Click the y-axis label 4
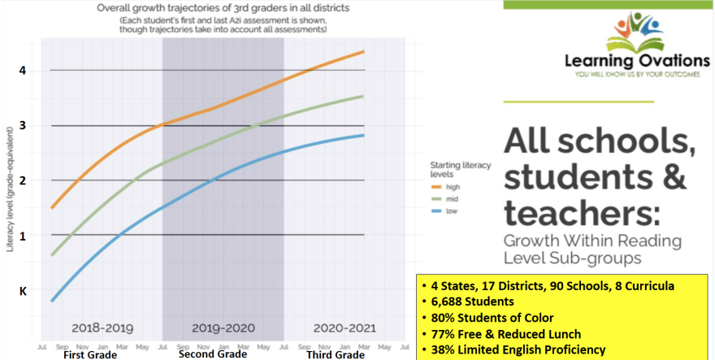click(x=23, y=70)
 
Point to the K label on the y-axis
click(x=23, y=289)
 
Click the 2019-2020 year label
click(x=223, y=327)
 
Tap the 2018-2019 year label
click(x=102, y=327)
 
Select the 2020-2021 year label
click(x=344, y=327)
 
